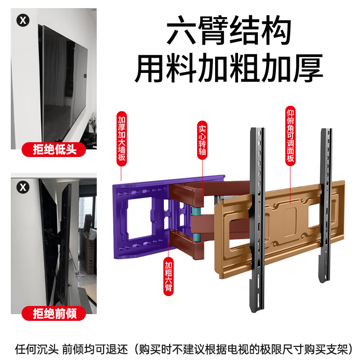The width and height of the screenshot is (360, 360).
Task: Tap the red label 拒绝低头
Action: [54, 149]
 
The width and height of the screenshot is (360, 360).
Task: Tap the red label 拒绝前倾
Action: [54, 313]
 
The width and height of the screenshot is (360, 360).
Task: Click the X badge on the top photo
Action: [22, 20]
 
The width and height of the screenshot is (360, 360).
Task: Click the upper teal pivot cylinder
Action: [197, 210]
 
